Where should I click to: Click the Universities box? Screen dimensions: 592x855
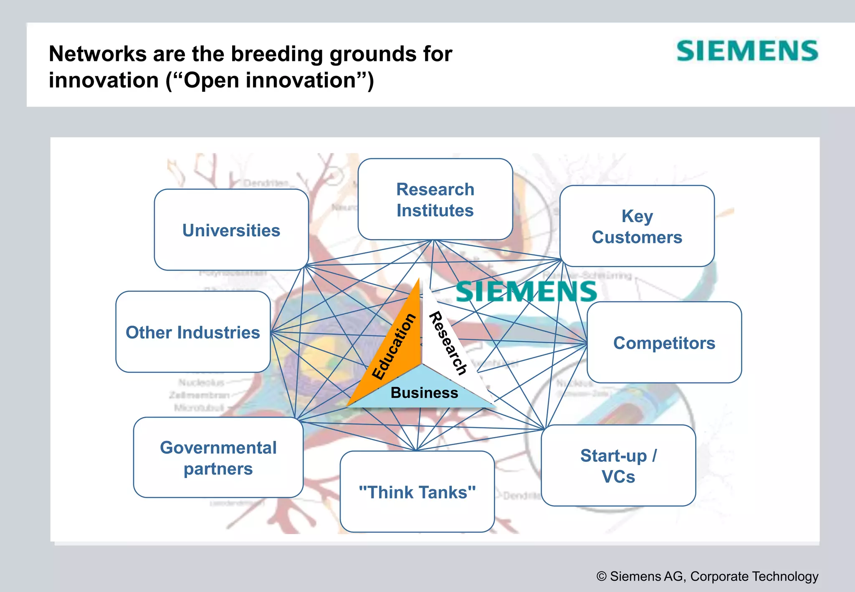(231, 230)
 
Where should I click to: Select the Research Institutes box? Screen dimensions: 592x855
(435, 200)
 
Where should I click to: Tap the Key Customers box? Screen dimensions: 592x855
(637, 226)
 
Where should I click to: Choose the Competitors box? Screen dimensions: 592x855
(664, 343)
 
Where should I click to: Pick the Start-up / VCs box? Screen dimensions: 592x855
(618, 466)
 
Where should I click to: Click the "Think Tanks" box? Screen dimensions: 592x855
(417, 492)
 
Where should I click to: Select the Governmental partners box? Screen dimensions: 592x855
(218, 458)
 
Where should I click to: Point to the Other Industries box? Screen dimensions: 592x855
(193, 332)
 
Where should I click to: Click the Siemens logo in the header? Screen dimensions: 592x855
(747, 51)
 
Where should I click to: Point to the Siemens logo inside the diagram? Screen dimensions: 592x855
(526, 291)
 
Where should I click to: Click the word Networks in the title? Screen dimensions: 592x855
(97, 54)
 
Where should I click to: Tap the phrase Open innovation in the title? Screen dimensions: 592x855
(270, 80)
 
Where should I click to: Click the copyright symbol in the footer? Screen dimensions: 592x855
(601, 577)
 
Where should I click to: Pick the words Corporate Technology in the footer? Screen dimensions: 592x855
(754, 576)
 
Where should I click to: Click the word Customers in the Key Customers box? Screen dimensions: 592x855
(637, 237)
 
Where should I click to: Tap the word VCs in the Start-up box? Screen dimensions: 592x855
(618, 476)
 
